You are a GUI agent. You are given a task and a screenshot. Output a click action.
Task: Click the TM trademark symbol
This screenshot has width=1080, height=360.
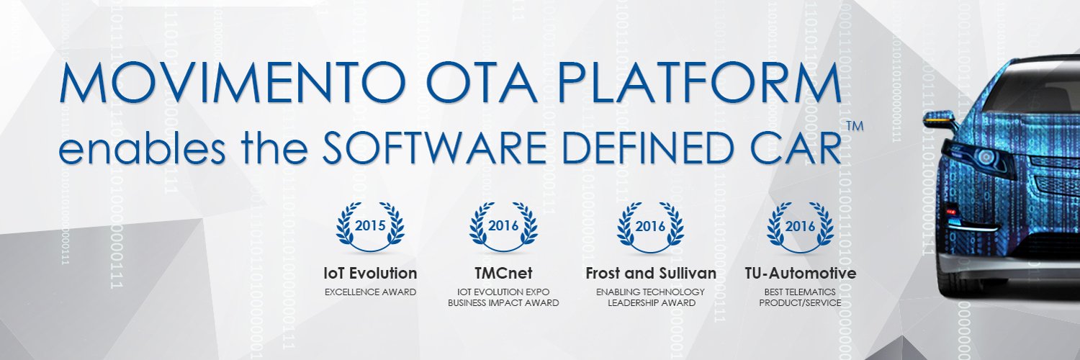[855, 126]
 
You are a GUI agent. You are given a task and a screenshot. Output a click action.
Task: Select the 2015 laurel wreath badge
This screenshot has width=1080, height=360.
[370, 227]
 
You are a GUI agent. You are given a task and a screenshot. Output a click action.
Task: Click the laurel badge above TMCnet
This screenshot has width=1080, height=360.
[503, 227]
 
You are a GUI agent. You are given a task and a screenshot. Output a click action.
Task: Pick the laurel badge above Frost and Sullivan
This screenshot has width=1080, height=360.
[650, 227]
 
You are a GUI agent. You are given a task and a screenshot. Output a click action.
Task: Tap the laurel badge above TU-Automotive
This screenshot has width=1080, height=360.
[801, 227]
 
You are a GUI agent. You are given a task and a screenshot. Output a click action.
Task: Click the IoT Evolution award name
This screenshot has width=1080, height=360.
[370, 274]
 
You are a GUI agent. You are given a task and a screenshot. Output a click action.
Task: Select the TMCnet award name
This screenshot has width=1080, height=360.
[503, 274]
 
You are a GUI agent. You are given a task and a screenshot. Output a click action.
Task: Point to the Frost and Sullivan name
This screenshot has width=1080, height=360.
[651, 274]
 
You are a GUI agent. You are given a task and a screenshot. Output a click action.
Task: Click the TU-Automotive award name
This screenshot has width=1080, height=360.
[801, 274]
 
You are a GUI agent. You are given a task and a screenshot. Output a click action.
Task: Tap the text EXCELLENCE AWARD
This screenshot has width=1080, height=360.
[370, 292]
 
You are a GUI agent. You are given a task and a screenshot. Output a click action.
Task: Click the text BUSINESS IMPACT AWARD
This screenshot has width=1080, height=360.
[503, 303]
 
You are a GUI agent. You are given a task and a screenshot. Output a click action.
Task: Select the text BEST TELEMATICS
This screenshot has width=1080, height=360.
[800, 292]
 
